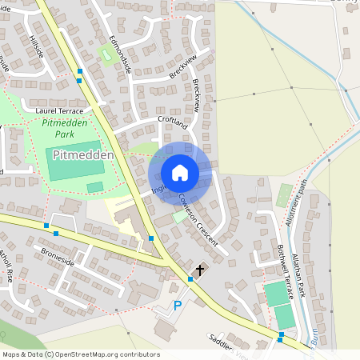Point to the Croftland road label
pos(173,123)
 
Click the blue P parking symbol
pos(178,305)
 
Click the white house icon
pos(180,172)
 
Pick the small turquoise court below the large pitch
pos(95,187)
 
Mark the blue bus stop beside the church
pos(190,278)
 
